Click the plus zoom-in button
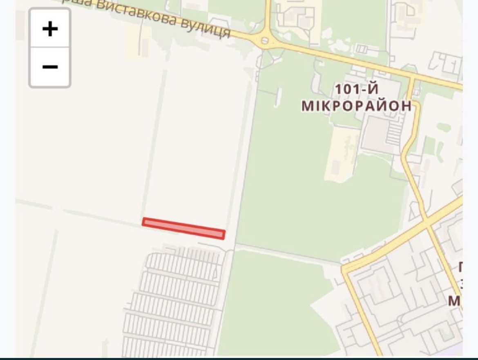(50, 29)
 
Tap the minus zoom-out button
(50, 67)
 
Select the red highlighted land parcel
(183, 228)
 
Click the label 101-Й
(356, 89)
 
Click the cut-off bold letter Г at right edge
(460, 267)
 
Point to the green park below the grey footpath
(270, 302)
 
